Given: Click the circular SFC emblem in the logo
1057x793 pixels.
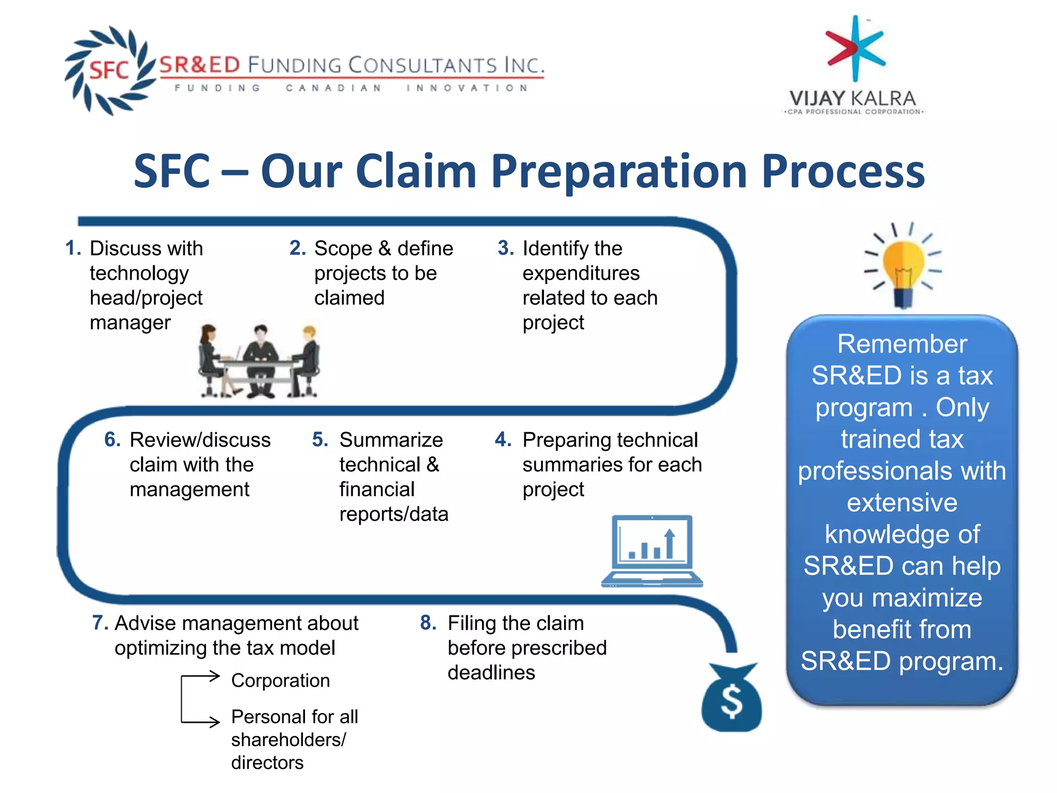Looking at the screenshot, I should (x=109, y=70).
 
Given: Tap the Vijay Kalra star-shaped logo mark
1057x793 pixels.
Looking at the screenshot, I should (x=855, y=49).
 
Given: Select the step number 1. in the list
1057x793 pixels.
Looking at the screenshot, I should (x=73, y=248).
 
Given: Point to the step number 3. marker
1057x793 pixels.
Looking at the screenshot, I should (x=505, y=248).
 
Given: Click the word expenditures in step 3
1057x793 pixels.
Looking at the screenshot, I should (x=581, y=273).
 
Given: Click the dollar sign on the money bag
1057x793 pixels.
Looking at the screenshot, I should (x=732, y=702).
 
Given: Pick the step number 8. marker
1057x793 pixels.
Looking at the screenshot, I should (x=428, y=623).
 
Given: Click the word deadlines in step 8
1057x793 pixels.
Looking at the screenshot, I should (x=491, y=673).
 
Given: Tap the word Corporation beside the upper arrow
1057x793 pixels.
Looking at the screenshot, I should (x=280, y=680).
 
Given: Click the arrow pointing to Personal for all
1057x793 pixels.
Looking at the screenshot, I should (x=206, y=721).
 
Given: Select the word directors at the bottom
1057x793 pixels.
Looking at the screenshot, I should (x=267, y=763).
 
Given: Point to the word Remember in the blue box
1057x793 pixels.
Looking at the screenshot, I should (x=902, y=344).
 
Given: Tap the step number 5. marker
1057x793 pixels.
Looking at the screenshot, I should (x=320, y=440).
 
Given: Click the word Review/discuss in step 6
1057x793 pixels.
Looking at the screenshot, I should (x=200, y=440).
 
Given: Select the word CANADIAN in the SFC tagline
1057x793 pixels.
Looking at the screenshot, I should (x=333, y=88).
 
